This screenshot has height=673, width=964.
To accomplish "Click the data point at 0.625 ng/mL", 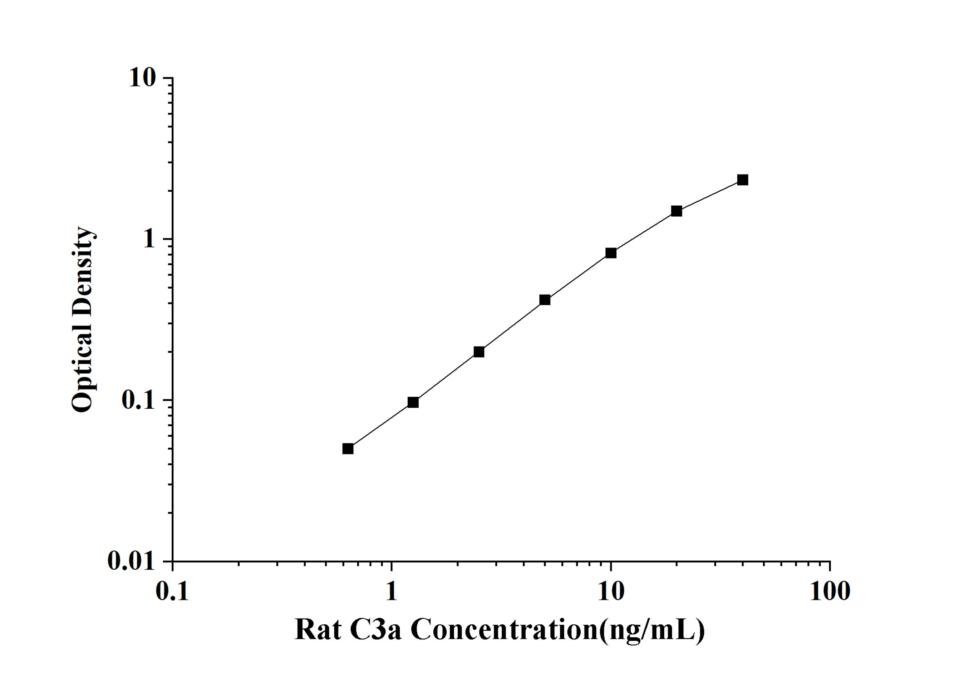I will [x=348, y=449].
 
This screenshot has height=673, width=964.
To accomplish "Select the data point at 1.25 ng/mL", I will [x=413, y=402].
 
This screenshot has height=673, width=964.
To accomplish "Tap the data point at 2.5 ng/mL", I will [x=479, y=352].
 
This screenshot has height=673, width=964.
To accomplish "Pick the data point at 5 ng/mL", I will [x=545, y=300].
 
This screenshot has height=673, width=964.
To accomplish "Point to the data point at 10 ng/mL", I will [x=611, y=253].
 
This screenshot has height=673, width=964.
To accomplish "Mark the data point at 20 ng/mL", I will [x=676, y=211].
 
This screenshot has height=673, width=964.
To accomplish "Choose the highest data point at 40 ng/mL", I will [x=743, y=180].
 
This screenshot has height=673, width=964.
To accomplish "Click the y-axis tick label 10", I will [x=142, y=78].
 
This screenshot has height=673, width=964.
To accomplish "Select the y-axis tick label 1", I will [x=149, y=239].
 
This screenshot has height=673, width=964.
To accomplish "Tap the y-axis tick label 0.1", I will [x=138, y=400].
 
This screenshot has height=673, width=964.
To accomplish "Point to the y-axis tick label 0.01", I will [x=131, y=561].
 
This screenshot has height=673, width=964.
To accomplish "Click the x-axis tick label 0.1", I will [x=172, y=592].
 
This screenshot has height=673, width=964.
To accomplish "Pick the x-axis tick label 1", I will [x=391, y=592].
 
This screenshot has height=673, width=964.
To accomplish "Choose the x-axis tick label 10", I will [x=611, y=592].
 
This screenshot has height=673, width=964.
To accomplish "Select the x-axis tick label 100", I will [x=830, y=592].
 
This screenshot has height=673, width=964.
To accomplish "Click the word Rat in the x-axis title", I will [x=318, y=630].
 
